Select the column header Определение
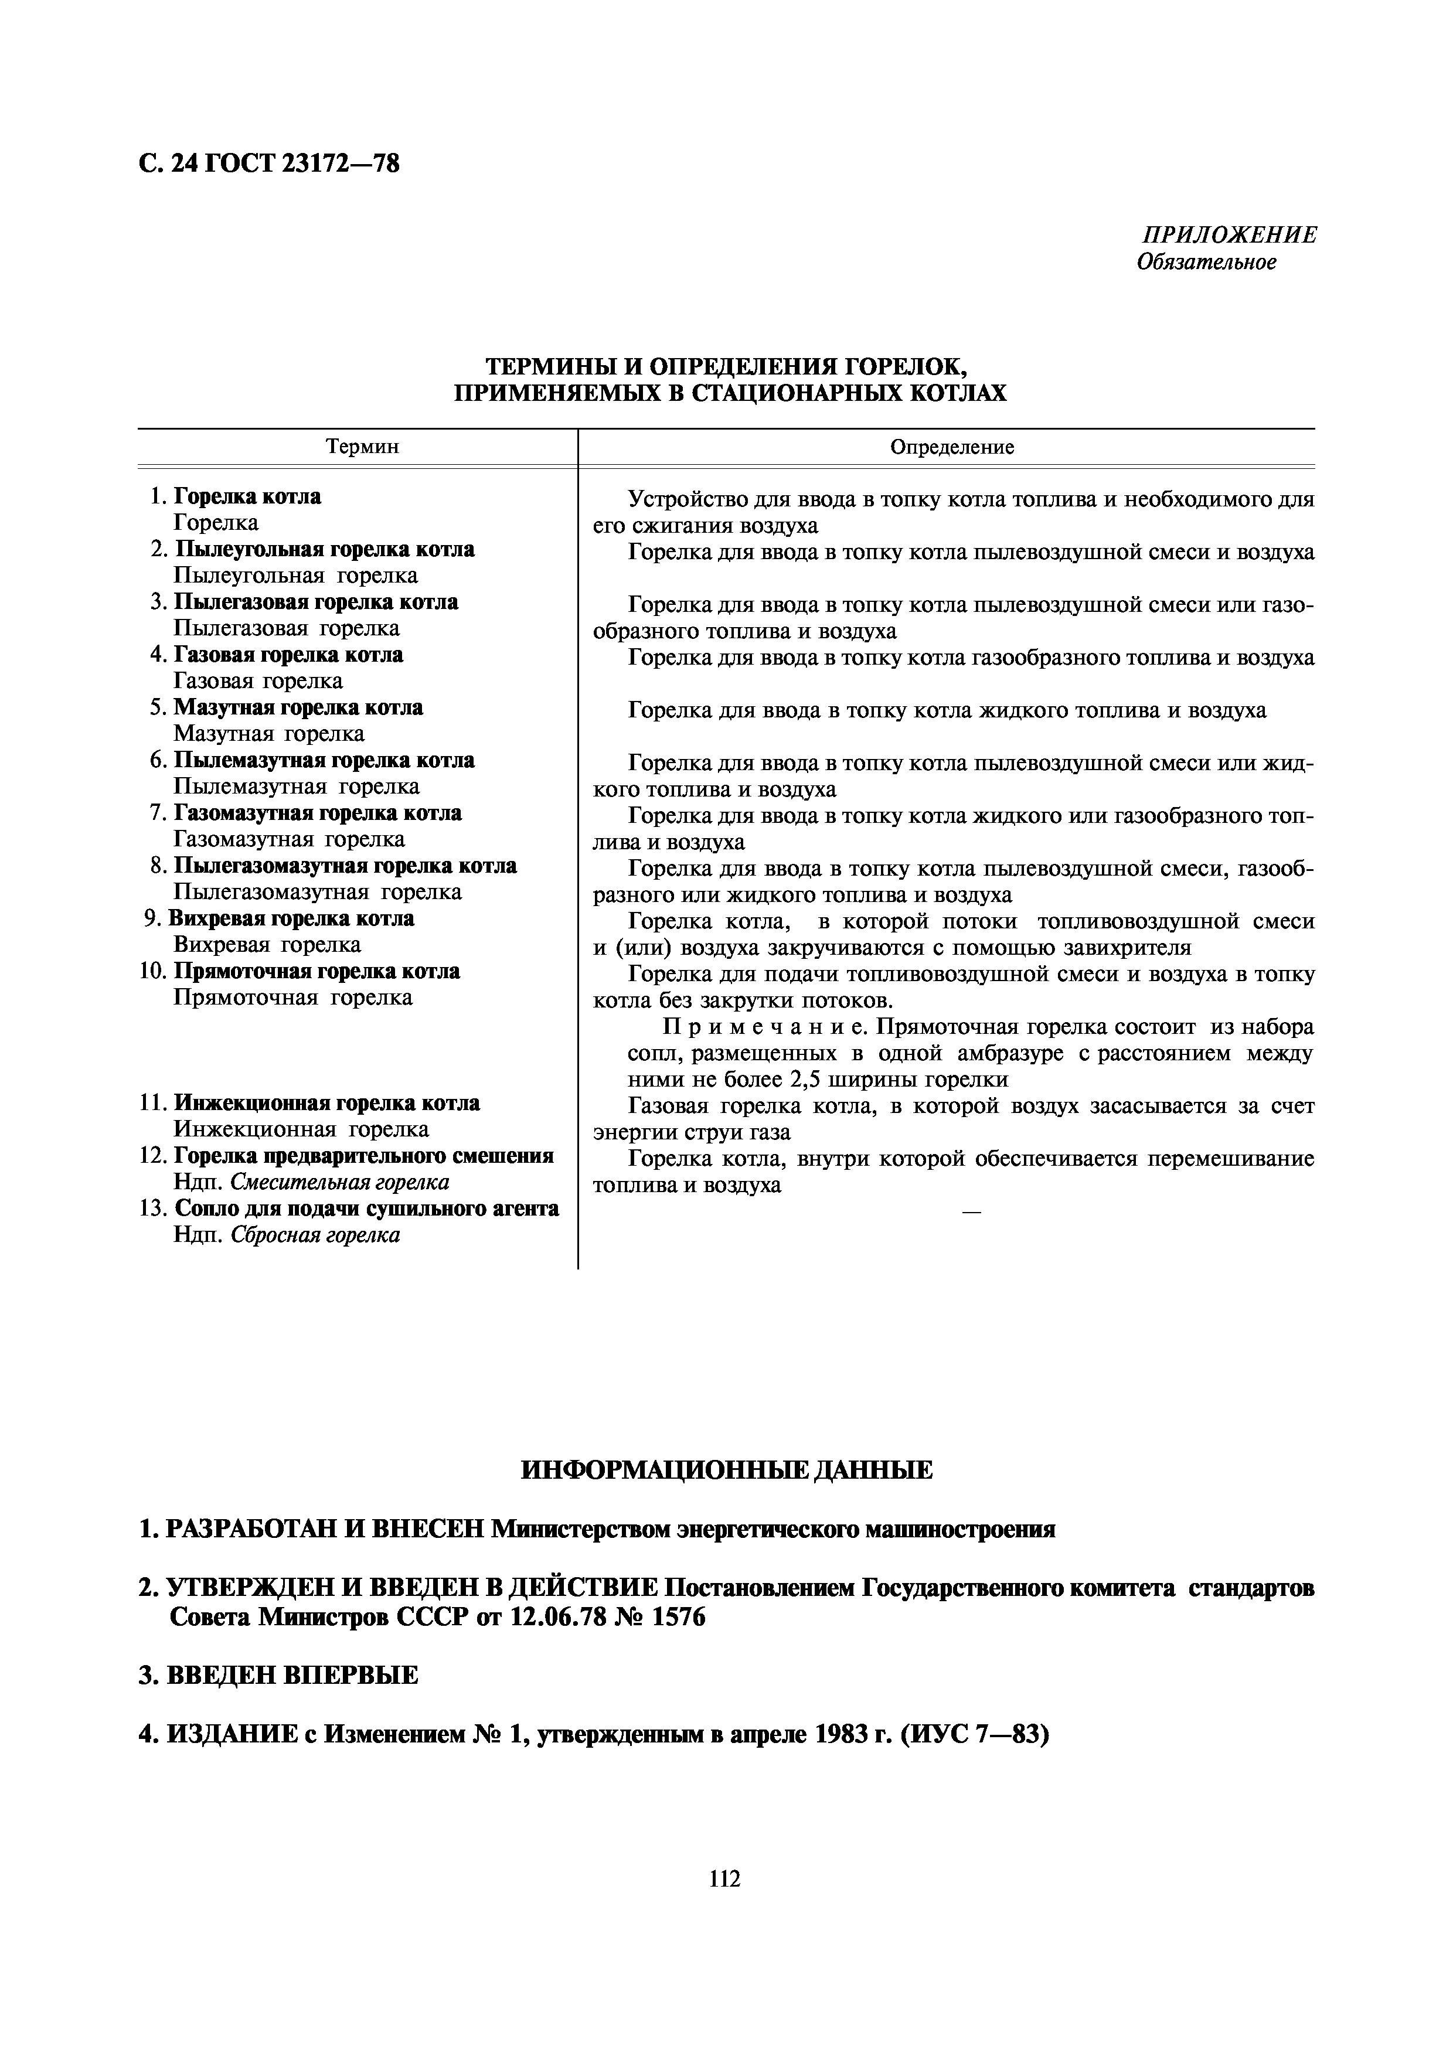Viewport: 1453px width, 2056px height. point(952,447)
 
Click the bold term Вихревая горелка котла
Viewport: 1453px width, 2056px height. point(291,919)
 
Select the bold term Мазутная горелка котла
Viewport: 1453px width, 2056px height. point(298,707)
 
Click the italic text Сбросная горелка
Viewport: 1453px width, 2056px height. point(315,1235)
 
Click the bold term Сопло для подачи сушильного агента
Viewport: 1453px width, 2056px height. point(366,1209)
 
